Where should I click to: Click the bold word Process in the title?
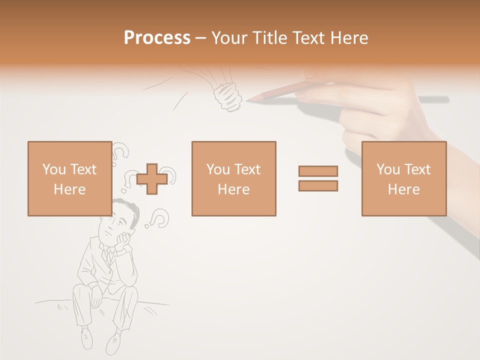pos(157,38)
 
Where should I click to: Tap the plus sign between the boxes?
pos(152,179)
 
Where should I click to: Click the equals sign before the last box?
pos(318,178)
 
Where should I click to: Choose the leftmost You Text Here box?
pos(69,178)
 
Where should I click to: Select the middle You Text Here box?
pos(233,178)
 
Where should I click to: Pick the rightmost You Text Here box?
pos(403,178)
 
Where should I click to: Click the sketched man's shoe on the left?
pos(87,339)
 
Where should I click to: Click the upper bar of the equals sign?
pos(318,171)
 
